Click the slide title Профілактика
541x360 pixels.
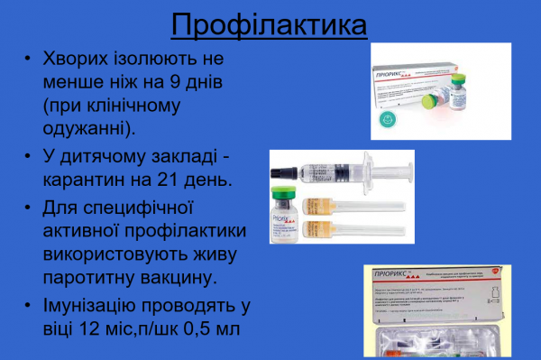click(270, 24)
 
